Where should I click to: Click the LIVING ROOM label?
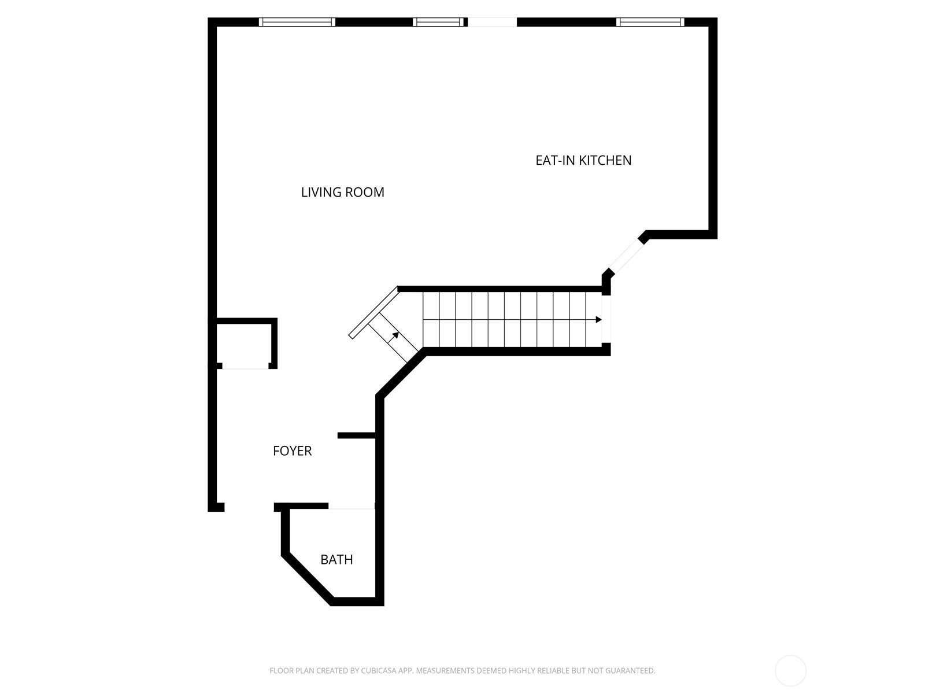(342, 192)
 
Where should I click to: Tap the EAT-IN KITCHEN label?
(583, 160)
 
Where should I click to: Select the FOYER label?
(292, 451)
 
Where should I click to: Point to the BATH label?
(336, 559)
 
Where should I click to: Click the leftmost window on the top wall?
(297, 22)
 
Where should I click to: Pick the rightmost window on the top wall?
(650, 22)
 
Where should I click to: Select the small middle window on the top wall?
(439, 22)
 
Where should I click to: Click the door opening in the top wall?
(492, 22)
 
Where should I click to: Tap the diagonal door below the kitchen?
(626, 257)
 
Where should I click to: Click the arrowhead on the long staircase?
(598, 319)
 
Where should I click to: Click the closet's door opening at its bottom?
(245, 366)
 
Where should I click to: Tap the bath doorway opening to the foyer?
(351, 507)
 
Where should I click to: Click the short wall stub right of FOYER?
(357, 435)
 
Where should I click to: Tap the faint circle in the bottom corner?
(790, 671)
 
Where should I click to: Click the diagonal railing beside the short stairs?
(373, 312)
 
